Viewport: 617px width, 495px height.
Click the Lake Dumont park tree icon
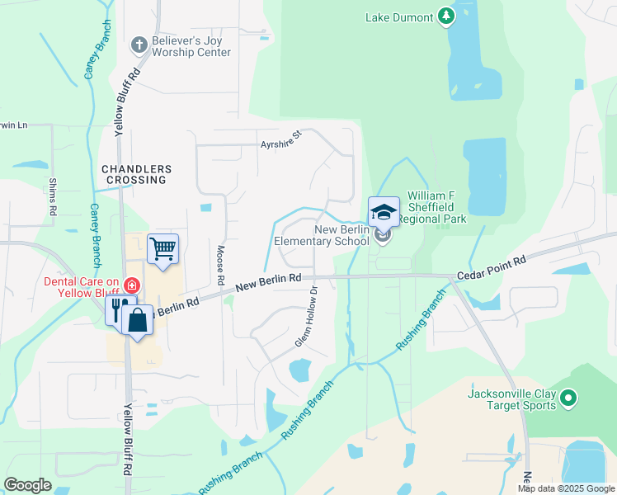click(x=446, y=16)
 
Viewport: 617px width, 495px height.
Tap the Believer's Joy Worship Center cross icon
click(x=139, y=43)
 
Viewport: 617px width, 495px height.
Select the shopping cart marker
click(x=163, y=248)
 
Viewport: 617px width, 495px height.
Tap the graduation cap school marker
click(x=384, y=213)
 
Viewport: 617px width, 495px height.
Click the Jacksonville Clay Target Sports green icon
click(x=568, y=400)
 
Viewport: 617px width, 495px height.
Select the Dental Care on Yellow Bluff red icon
click(x=130, y=285)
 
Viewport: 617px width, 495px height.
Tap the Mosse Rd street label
click(x=220, y=265)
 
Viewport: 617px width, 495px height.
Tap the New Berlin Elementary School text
click(x=322, y=235)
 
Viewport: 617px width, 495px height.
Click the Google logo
click(x=27, y=485)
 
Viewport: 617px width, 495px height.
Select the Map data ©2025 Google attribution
click(x=565, y=488)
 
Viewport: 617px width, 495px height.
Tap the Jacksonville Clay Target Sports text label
click(x=512, y=399)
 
